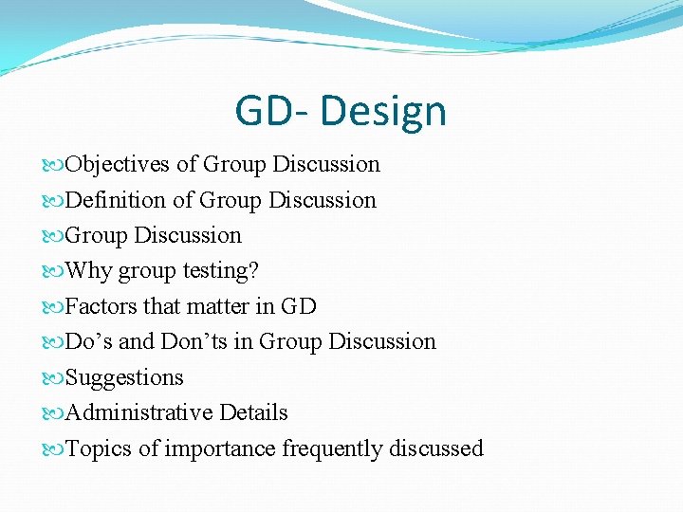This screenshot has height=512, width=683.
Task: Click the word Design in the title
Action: click(383, 112)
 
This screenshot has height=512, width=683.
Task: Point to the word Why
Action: click(89, 271)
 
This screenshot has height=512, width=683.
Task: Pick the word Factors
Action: click(102, 306)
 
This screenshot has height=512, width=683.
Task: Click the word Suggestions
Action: click(124, 377)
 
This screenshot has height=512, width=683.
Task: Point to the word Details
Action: click(253, 412)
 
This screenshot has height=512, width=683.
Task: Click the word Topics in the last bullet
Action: click(100, 448)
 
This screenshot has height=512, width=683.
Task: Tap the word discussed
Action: click(436, 448)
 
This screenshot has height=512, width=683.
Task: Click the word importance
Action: click(221, 448)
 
